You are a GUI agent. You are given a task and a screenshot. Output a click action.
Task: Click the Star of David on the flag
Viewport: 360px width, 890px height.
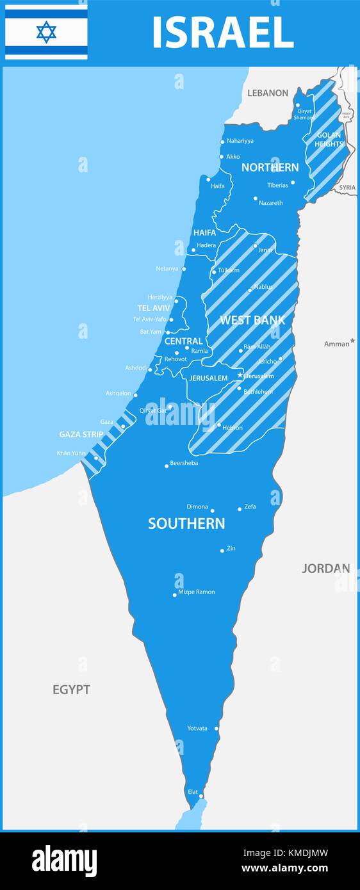(x=46, y=31)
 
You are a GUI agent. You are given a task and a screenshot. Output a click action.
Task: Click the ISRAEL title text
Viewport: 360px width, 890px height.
(x=222, y=33)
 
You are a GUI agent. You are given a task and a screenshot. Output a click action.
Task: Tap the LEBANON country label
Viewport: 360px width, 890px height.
(x=268, y=93)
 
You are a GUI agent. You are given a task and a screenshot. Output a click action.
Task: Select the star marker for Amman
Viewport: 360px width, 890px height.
(x=353, y=341)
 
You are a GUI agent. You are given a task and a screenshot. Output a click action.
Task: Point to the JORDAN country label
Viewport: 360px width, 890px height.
(x=326, y=568)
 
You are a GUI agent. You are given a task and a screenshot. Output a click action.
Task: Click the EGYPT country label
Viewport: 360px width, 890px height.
(x=71, y=690)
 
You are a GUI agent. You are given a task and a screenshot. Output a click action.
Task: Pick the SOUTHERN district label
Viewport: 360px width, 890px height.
(x=186, y=524)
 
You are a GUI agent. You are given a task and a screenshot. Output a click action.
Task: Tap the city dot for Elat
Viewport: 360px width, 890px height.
(x=201, y=797)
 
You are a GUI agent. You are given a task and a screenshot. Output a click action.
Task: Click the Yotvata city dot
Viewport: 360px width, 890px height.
(x=217, y=728)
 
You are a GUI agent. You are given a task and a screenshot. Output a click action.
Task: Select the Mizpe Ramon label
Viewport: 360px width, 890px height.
(x=197, y=592)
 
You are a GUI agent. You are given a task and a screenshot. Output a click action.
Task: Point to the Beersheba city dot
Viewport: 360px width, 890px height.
(x=167, y=465)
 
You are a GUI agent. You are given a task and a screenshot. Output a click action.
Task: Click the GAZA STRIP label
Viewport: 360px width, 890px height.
(x=81, y=435)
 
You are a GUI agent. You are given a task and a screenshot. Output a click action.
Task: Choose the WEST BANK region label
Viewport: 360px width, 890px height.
(x=252, y=320)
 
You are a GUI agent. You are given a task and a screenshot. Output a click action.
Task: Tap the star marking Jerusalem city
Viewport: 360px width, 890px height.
(x=240, y=375)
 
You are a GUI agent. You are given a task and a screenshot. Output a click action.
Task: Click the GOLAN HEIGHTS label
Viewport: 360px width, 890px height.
(x=329, y=140)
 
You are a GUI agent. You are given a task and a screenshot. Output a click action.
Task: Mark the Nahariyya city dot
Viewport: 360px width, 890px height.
(x=222, y=142)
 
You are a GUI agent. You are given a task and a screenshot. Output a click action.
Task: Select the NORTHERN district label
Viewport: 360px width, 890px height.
(x=270, y=168)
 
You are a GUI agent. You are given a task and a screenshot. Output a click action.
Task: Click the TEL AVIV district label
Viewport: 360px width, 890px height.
(x=154, y=308)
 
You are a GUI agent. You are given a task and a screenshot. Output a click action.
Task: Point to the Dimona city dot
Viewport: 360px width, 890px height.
(x=213, y=510)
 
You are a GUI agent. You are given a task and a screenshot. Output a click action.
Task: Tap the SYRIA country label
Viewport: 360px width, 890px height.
(x=347, y=188)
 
